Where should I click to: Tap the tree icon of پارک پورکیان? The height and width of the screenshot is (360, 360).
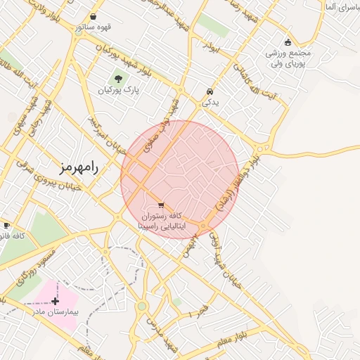coord(118,79)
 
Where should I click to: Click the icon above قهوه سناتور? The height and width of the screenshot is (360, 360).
coord(94,16)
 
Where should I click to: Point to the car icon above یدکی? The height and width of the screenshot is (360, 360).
coord(210,91)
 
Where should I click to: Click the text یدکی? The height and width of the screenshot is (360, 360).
coord(210,103)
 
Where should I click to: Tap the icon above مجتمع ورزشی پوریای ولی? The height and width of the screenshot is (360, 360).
coord(288,41)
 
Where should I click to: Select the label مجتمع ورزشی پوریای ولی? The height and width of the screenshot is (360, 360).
coord(288,58)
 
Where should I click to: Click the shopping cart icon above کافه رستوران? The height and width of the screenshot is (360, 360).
coord(162,205)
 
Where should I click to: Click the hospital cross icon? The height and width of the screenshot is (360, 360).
coord(56,300)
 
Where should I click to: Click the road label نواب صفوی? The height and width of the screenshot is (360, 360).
coord(159,134)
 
